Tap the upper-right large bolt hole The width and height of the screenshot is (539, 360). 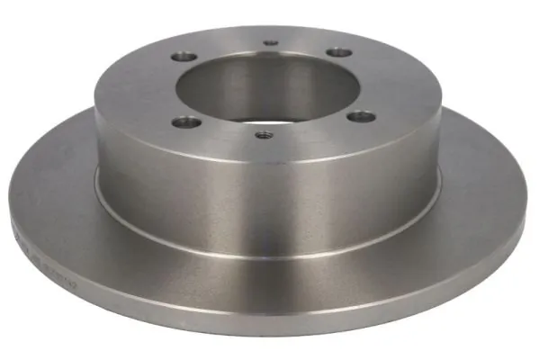(337, 52)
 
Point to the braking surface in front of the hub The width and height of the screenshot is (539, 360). (270, 270)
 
